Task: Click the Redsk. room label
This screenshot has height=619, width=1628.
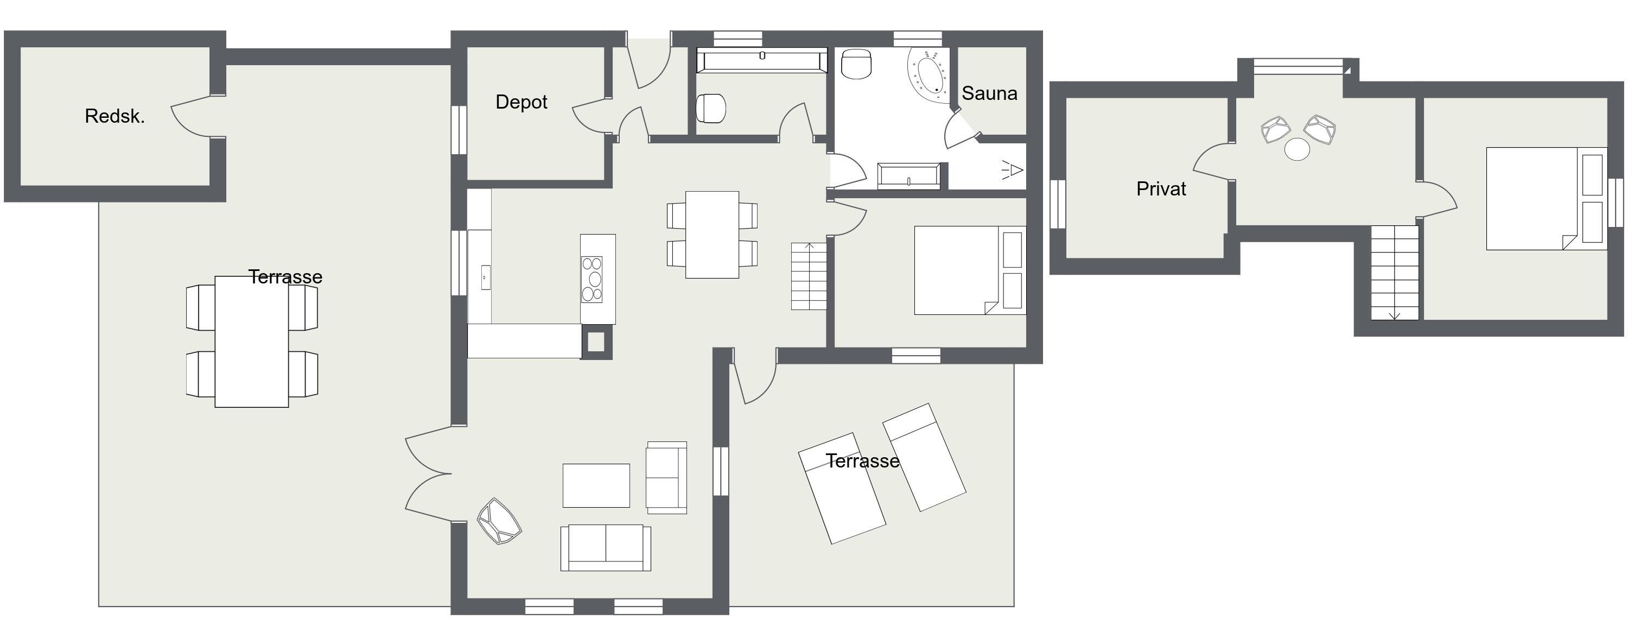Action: pyautogui.click(x=115, y=116)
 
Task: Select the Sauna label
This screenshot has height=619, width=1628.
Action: pyautogui.click(x=990, y=93)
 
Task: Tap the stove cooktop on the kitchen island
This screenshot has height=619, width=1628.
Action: pyautogui.click(x=592, y=280)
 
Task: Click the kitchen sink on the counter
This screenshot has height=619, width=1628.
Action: pyautogui.click(x=485, y=277)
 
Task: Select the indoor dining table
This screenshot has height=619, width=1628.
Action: pyautogui.click(x=712, y=235)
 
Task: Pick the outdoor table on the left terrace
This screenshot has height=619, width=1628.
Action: pyautogui.click(x=252, y=342)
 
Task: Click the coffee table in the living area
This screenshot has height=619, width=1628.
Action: pyautogui.click(x=596, y=485)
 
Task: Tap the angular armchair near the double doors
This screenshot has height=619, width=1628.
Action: pyautogui.click(x=499, y=522)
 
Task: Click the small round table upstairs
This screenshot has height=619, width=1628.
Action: pyautogui.click(x=1298, y=150)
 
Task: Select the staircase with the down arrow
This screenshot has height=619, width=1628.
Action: pyautogui.click(x=1395, y=273)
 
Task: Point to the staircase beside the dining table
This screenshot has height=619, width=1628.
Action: pyautogui.click(x=809, y=276)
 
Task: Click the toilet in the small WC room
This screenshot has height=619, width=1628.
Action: pyautogui.click(x=711, y=108)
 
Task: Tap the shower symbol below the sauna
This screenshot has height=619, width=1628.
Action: pyautogui.click(x=1013, y=169)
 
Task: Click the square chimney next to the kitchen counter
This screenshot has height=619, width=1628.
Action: pyautogui.click(x=596, y=342)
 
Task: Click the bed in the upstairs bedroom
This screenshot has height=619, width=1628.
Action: pyautogui.click(x=1546, y=199)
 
